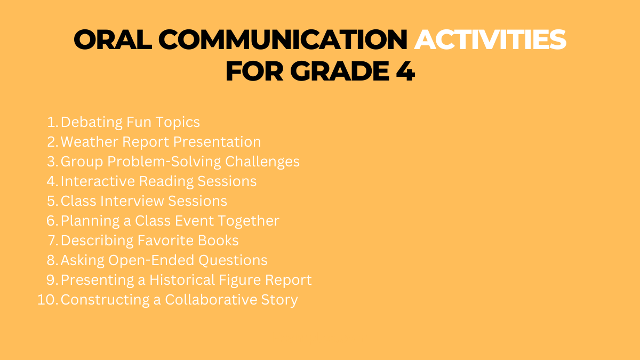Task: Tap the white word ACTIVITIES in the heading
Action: point(490,40)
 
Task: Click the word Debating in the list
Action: point(92,122)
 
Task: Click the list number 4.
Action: point(52,181)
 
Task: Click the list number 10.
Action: point(47,300)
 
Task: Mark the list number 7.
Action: point(52,241)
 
